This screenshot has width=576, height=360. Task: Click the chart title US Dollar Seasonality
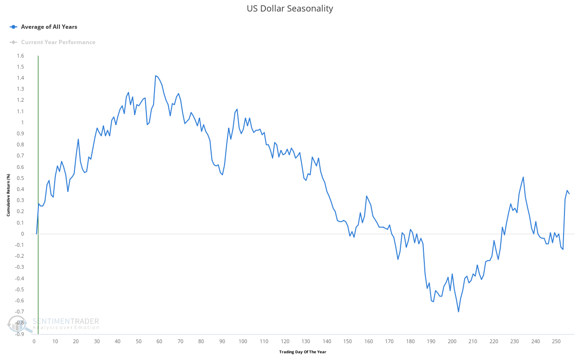pos(289,9)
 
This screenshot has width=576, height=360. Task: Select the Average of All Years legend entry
pos(49,27)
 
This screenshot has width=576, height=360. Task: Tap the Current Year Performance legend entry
pos(58,42)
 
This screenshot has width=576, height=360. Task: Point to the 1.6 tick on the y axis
pos(20,56)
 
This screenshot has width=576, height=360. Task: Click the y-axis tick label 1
pos(22,122)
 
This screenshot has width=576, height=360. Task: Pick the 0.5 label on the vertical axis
pos(20,178)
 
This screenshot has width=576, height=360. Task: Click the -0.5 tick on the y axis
pos(19,289)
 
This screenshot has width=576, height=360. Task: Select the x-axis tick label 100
pos(243,341)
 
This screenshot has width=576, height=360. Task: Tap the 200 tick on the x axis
pos(452,341)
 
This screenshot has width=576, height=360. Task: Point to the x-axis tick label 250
pos(556,341)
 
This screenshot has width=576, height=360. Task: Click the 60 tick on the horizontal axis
pos(159,341)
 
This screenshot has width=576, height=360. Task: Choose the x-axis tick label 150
pos(348,341)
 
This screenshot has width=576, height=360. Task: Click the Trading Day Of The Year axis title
pos(302,352)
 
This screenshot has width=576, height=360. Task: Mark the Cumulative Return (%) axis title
pos(9,195)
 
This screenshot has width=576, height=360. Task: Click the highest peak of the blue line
pos(156,75)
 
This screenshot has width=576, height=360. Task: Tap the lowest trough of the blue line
pos(458,312)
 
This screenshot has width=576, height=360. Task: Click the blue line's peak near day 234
pos(523,177)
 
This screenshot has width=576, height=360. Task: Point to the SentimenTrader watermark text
pos(66,321)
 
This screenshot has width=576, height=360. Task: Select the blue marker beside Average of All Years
pos(13,27)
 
